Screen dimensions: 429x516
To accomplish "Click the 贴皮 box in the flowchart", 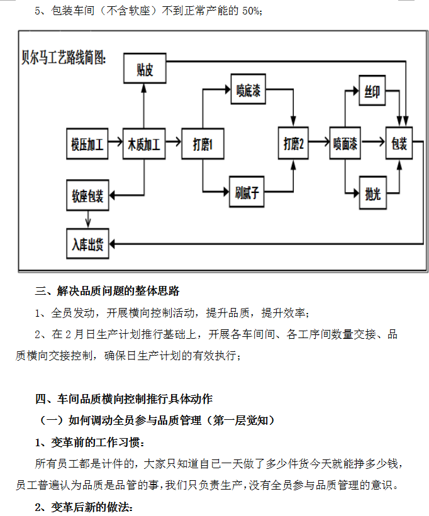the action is point(145,69).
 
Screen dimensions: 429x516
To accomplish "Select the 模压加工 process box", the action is point(87,144).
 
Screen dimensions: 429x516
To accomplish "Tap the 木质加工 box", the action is point(144,144).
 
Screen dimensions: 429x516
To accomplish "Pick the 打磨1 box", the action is point(203,144).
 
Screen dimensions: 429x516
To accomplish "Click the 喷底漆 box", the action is point(248,89).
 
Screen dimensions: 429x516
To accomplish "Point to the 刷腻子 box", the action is point(247,192).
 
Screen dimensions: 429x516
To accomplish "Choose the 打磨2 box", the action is point(293,143).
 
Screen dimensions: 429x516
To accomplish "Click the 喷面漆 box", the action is point(345,143).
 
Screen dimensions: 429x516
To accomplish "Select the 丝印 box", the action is point(372,91).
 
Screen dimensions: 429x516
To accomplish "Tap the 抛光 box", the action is point(372,193).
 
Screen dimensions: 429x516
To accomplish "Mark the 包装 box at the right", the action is point(399,143).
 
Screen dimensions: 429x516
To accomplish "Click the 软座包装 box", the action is point(87,195).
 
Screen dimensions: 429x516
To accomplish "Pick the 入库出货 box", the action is point(87,244).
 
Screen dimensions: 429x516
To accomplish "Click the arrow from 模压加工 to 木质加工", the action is point(115,142).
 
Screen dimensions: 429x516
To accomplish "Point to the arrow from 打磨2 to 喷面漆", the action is point(319,142).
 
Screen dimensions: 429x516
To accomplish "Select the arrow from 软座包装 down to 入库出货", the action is point(88,219).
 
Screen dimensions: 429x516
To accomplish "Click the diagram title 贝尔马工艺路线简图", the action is point(64,57).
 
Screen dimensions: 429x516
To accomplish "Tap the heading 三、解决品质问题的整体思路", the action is point(108,291).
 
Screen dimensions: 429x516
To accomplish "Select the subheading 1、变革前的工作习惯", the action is point(89,442).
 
